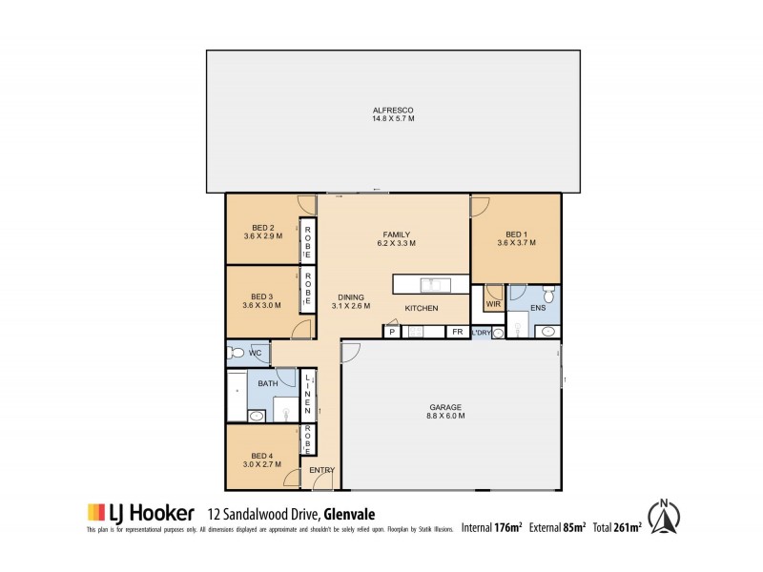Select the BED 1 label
pos(516,234)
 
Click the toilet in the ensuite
pos(546,294)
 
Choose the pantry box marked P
pos(391,332)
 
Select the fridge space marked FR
pos(458,332)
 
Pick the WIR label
pos(493,305)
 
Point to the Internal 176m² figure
pos(492,526)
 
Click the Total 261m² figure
pos(618,526)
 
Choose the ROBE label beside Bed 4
pos(307,440)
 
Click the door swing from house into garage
pos(350,353)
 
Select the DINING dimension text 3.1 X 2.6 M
pos(350,306)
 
